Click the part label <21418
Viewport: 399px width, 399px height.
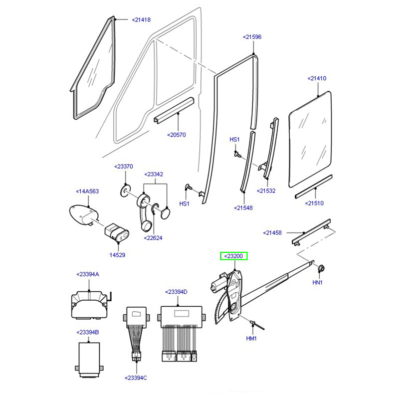[x=141, y=20]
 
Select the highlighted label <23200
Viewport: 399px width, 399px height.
[x=234, y=256]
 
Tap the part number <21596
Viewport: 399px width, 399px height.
[x=252, y=37]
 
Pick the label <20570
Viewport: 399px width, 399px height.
[x=177, y=135]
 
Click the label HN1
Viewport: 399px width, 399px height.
[x=318, y=282]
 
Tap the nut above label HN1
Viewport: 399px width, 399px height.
[x=320, y=269]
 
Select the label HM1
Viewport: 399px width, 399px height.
[x=251, y=339]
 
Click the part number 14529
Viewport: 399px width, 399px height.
[x=118, y=255]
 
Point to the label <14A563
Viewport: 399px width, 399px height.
[x=87, y=191]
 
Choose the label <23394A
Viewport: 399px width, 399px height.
[x=88, y=274]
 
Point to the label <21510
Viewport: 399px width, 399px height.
[x=315, y=203]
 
